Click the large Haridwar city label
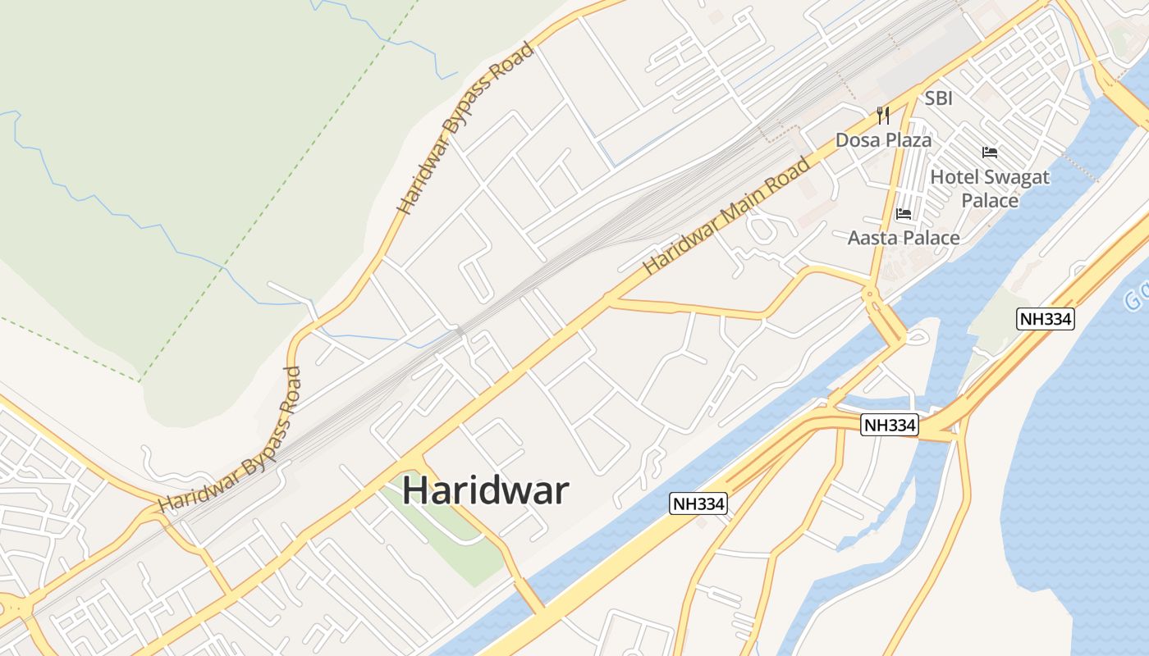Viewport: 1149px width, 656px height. pyautogui.click(x=485, y=491)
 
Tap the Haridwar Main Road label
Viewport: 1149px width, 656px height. pyautogui.click(x=726, y=216)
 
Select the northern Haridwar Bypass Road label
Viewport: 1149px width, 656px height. pyautogui.click(x=465, y=128)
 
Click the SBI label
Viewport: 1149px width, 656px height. pyautogui.click(x=939, y=98)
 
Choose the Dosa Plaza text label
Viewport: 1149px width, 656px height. pyautogui.click(x=883, y=140)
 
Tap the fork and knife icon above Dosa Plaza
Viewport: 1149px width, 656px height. pyautogui.click(x=883, y=115)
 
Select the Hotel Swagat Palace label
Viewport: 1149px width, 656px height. pyautogui.click(x=990, y=189)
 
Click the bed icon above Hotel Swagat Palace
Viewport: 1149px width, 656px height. pyautogui.click(x=990, y=153)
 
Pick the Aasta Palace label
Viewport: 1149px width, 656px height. pyautogui.click(x=904, y=238)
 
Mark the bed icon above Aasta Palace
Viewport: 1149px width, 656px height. pyautogui.click(x=904, y=214)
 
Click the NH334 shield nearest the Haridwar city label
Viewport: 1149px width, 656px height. pyautogui.click(x=698, y=504)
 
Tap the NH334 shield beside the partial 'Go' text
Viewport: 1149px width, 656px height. pyautogui.click(x=1046, y=319)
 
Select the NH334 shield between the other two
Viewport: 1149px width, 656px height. pyautogui.click(x=890, y=426)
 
